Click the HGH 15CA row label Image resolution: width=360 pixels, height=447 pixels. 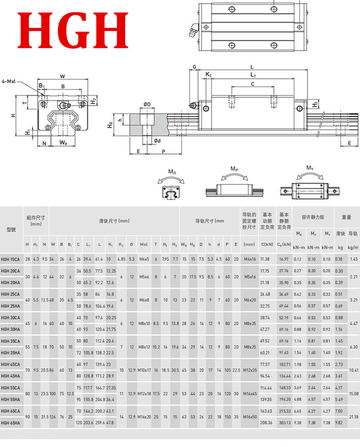point(10,259)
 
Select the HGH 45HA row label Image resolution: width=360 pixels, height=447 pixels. point(10,376)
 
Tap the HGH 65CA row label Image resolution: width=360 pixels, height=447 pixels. point(10,411)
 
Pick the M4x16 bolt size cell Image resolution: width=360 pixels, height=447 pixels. point(250,259)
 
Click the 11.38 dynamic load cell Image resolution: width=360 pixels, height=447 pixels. point(265,259)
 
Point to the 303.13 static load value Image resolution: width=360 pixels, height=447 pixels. point(284,423)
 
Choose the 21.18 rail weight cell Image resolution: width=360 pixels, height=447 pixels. point(353,417)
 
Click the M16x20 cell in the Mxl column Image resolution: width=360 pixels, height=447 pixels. point(144,417)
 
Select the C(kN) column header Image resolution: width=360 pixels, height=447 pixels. point(267,244)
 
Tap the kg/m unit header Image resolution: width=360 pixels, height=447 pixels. point(353,247)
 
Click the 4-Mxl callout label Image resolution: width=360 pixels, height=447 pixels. point(9,81)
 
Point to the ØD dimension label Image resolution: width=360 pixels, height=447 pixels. point(147,104)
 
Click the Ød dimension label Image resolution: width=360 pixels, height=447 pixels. point(157,140)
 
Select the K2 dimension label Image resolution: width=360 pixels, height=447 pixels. point(208,74)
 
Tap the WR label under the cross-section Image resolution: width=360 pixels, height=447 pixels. point(63,142)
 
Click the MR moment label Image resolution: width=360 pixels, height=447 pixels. point(172,172)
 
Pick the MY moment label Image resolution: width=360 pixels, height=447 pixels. point(310,167)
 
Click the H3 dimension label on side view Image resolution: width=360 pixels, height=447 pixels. point(315,104)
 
